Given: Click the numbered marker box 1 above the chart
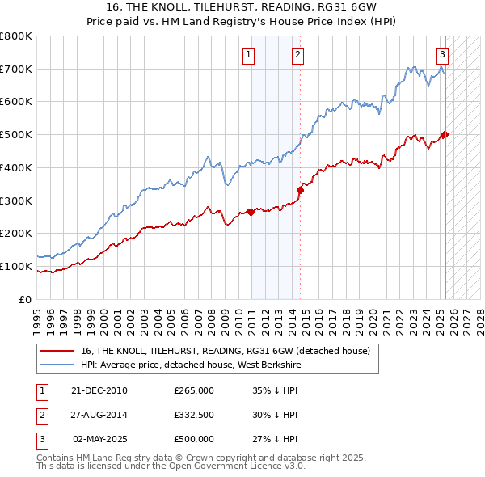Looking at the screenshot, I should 248,55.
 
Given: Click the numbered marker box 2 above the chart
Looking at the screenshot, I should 297,55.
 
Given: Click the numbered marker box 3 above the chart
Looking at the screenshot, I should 443,55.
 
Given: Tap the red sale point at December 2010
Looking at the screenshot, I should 251,212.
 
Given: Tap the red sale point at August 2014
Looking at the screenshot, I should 301,190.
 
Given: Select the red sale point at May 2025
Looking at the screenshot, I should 445,135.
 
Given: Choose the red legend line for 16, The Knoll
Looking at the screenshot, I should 57,351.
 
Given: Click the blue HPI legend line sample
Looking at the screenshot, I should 57,365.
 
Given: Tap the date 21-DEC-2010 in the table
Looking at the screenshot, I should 99,390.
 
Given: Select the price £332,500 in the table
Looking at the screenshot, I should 194,415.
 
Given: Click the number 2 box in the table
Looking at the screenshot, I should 41,415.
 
